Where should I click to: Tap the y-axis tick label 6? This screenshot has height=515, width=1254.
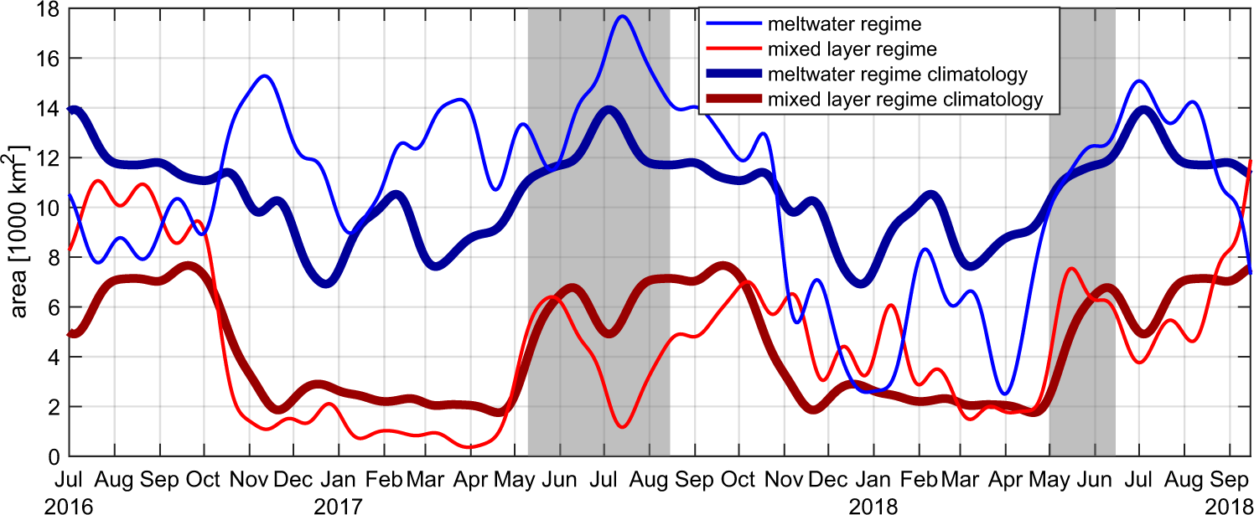53,307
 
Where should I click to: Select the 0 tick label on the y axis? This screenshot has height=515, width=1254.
53,456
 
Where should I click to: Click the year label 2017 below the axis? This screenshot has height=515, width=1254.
339,506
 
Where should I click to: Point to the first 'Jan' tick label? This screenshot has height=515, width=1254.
338,481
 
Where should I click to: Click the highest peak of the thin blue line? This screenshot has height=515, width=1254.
622,16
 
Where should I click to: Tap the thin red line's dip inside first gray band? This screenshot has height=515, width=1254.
622,427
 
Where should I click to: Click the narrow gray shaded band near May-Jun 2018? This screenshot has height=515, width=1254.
1081,251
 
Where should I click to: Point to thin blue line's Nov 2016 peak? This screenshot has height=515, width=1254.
264,76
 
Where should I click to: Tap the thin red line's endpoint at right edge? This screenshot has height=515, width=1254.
1251,160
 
